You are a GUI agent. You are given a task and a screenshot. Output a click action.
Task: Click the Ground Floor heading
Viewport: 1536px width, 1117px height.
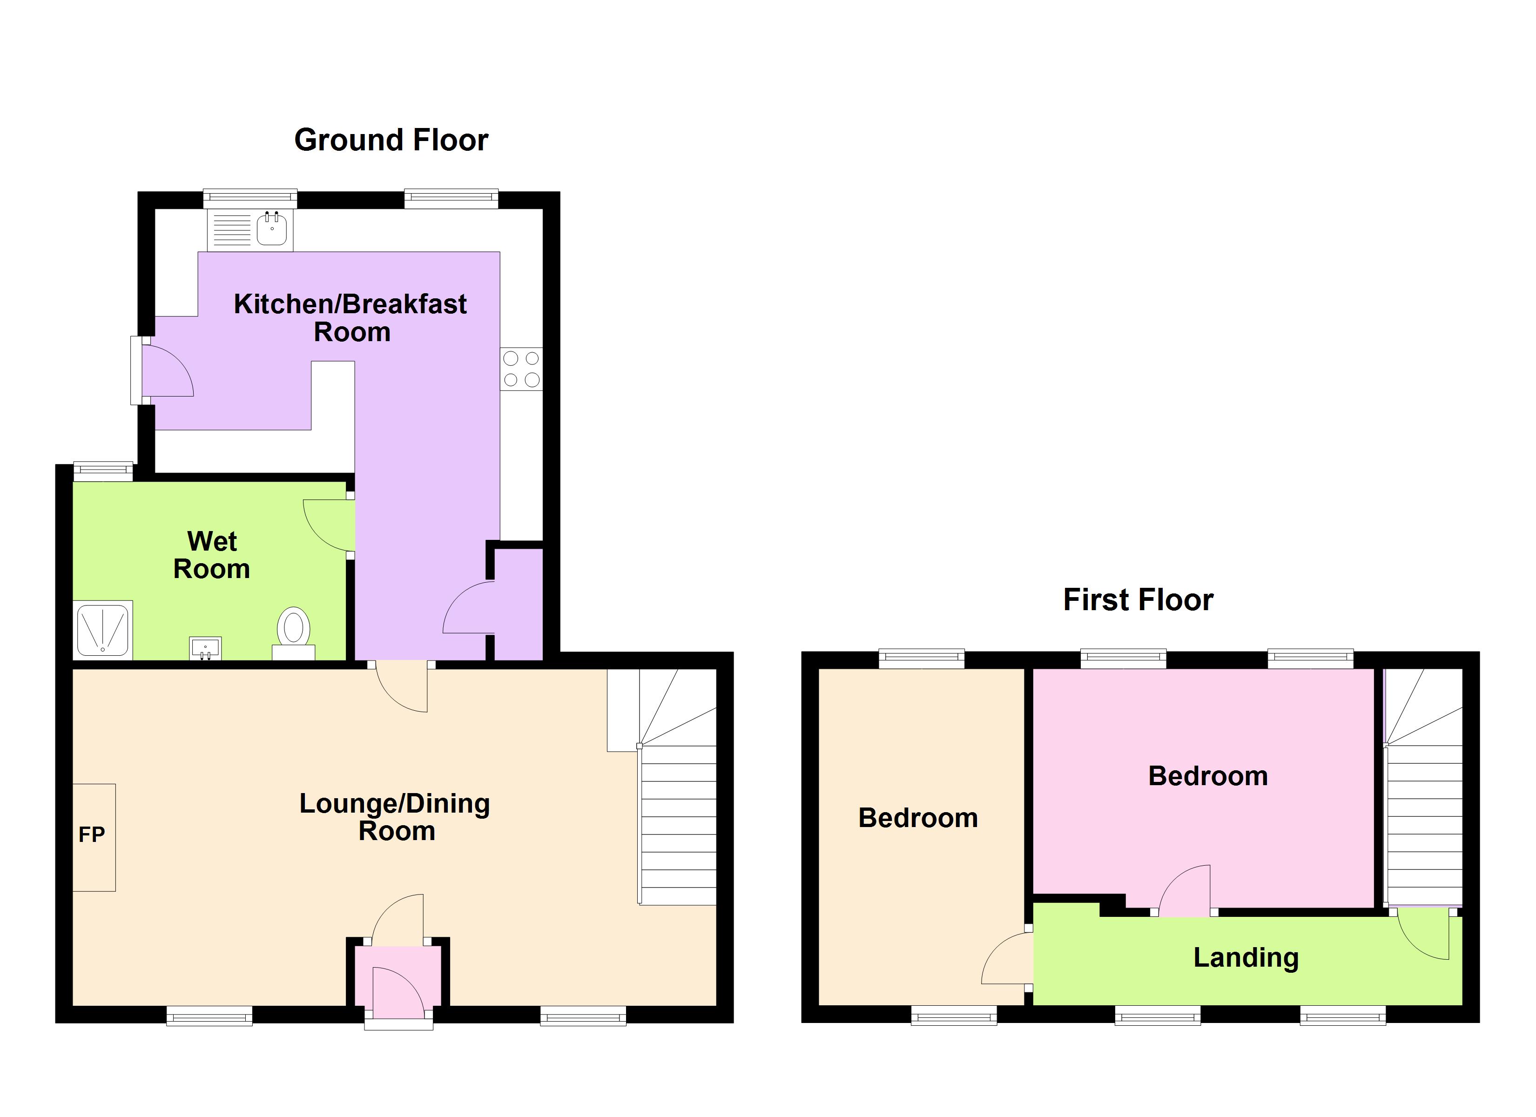click(x=391, y=140)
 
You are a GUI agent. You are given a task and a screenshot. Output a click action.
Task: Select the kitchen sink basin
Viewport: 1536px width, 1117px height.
click(x=271, y=228)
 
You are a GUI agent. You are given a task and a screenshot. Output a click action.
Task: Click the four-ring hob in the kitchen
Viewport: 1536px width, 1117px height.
click(x=521, y=369)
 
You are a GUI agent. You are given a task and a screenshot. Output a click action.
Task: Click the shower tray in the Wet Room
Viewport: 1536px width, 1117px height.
click(x=103, y=630)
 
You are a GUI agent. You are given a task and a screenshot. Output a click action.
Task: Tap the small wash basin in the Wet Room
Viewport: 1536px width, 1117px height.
click(x=205, y=647)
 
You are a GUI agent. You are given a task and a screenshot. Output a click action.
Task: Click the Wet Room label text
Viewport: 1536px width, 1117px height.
click(x=211, y=555)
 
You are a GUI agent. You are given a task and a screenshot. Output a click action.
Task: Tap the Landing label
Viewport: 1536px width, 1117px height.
click(x=1246, y=957)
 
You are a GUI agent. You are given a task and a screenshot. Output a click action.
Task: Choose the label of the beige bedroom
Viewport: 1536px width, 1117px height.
click(x=918, y=818)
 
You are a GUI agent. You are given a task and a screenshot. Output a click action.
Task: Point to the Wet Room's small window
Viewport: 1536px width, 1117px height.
click(x=103, y=470)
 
